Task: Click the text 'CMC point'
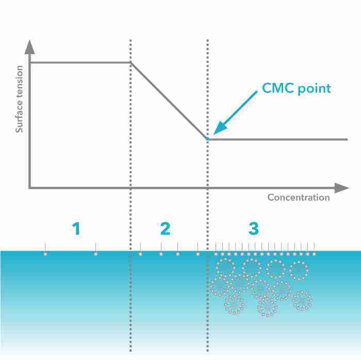[x=297, y=88]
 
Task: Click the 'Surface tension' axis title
[x=20, y=99]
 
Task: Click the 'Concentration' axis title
[x=299, y=198]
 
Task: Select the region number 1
[x=76, y=228]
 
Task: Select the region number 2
[x=166, y=228]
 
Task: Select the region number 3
[x=254, y=228]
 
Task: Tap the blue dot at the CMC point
[x=208, y=139]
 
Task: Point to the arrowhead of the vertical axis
[x=30, y=47]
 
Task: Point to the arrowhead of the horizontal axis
[x=341, y=188]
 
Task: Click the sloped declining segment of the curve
[x=169, y=101]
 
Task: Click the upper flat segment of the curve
[x=80, y=62]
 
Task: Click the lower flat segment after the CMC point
[x=277, y=139]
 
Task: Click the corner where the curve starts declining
[x=130, y=62]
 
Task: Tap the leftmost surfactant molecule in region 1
[x=45, y=249]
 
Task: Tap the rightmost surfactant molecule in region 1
[x=96, y=249]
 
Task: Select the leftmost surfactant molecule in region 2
[x=140, y=249]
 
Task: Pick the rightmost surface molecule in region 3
[x=314, y=249]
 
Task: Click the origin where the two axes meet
[x=30, y=188]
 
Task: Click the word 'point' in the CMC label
[x=314, y=89]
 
